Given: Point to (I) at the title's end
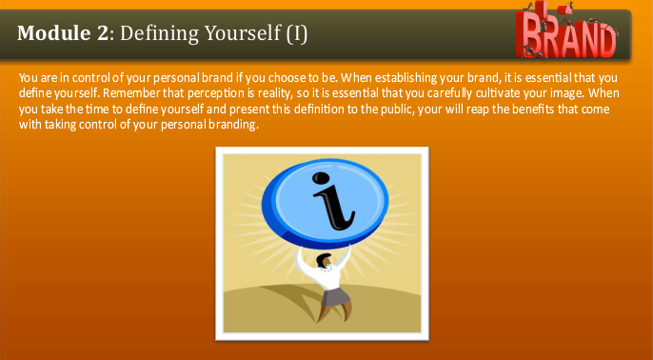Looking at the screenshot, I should tap(296, 34).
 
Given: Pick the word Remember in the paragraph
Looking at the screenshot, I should tap(132, 93).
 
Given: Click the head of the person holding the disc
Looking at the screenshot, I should tap(323, 259).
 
